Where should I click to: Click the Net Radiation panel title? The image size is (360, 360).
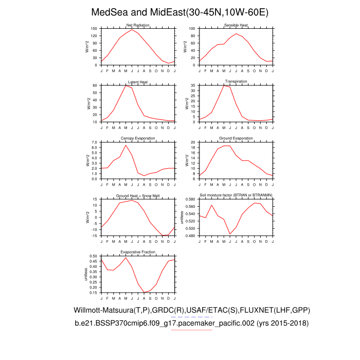138,25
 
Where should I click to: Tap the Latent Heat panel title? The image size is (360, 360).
138,82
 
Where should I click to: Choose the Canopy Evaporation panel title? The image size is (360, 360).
138,138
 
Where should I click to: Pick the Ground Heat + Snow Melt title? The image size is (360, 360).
138,195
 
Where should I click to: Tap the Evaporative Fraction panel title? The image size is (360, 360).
138,252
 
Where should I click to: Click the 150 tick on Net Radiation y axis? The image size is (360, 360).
94,29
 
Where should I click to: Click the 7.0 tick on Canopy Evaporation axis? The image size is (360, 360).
94,142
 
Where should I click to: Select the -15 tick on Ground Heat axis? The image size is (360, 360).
94,236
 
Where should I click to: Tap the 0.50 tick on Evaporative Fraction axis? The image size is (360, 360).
93,256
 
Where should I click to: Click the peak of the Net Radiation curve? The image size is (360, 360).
132,29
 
